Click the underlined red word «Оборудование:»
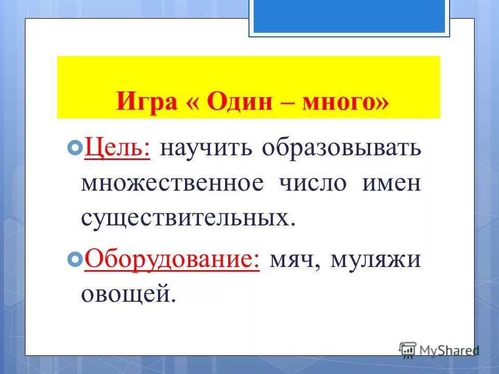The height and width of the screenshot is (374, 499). (x=172, y=258)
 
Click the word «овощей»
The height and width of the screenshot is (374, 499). (x=126, y=294)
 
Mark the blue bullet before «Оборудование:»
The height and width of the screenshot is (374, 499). (x=74, y=258)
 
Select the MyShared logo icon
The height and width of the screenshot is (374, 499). (x=408, y=349)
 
